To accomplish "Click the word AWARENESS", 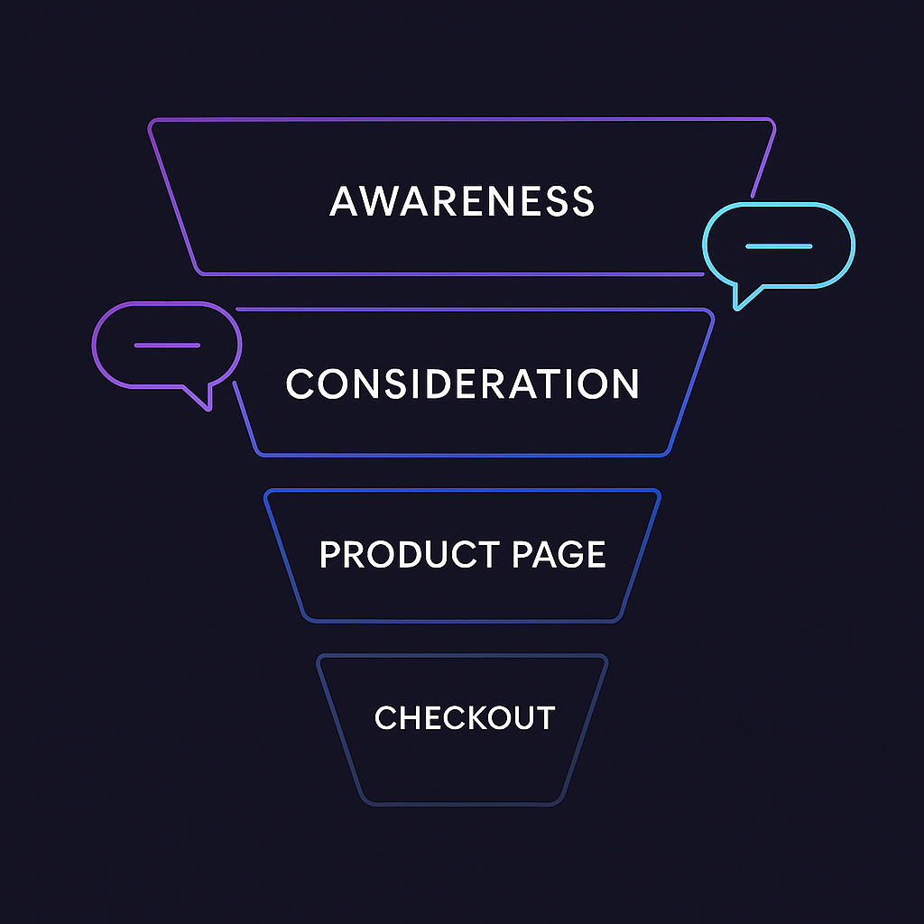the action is pos(462,200).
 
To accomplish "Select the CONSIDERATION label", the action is pos(462,383).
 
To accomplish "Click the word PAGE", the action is pos(559,554).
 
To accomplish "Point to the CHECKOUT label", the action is pos(464,718).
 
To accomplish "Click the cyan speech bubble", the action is pos(778,245).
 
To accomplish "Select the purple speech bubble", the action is pos(167,346).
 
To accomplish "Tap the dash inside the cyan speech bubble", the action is pos(779,246).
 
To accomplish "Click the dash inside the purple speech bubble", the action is pos(167,346).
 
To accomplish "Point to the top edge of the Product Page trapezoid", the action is pos(462,490).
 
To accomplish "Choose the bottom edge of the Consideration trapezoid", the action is pos(462,455).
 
